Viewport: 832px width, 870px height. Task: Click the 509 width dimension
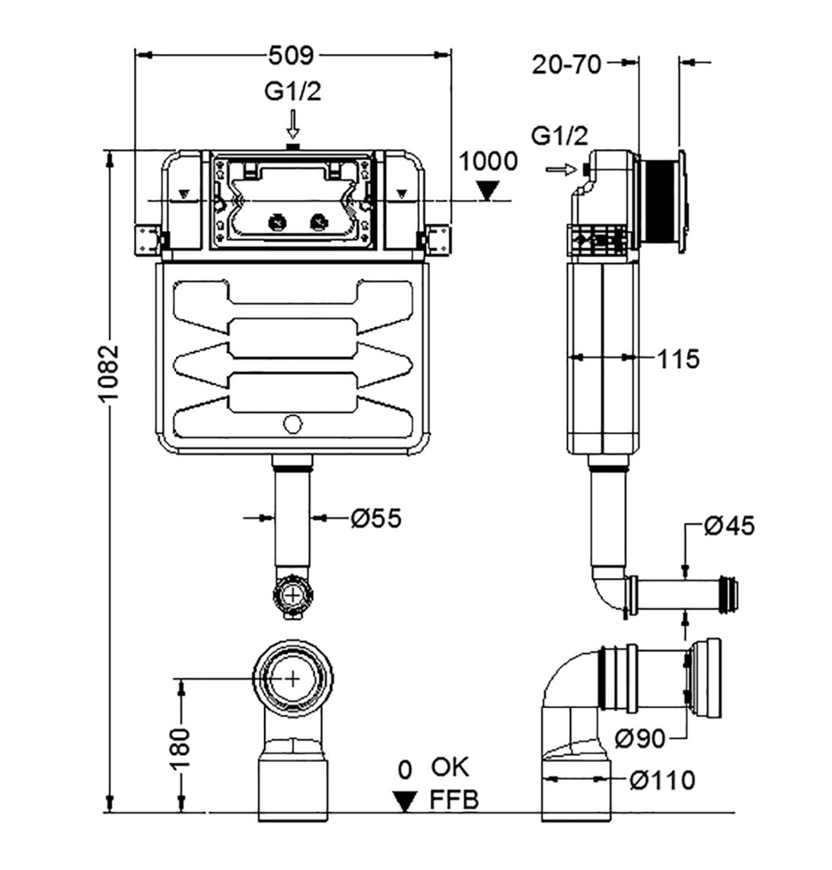coord(291,55)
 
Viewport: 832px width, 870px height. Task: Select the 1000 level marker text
coord(487,161)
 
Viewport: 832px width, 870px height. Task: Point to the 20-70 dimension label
coord(567,65)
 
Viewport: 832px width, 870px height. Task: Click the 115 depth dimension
coord(678,359)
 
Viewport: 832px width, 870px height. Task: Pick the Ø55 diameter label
coord(375,518)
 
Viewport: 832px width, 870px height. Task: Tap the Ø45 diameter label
coord(730,526)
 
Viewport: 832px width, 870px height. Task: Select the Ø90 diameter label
coord(640,738)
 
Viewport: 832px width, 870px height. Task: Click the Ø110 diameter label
coord(663,780)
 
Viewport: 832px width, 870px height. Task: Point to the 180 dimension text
coord(181,747)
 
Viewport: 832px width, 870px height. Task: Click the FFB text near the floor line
coord(454,800)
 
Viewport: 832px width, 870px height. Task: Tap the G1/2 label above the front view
coord(293,92)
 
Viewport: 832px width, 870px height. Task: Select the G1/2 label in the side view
coord(559,135)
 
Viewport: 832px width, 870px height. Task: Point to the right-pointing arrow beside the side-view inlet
coord(562,170)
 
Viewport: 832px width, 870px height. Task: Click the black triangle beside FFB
coord(405,801)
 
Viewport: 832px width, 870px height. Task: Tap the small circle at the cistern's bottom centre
coord(293,424)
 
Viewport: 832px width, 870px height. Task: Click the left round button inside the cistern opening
coord(277,223)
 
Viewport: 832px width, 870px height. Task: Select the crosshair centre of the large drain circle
coord(293,678)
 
